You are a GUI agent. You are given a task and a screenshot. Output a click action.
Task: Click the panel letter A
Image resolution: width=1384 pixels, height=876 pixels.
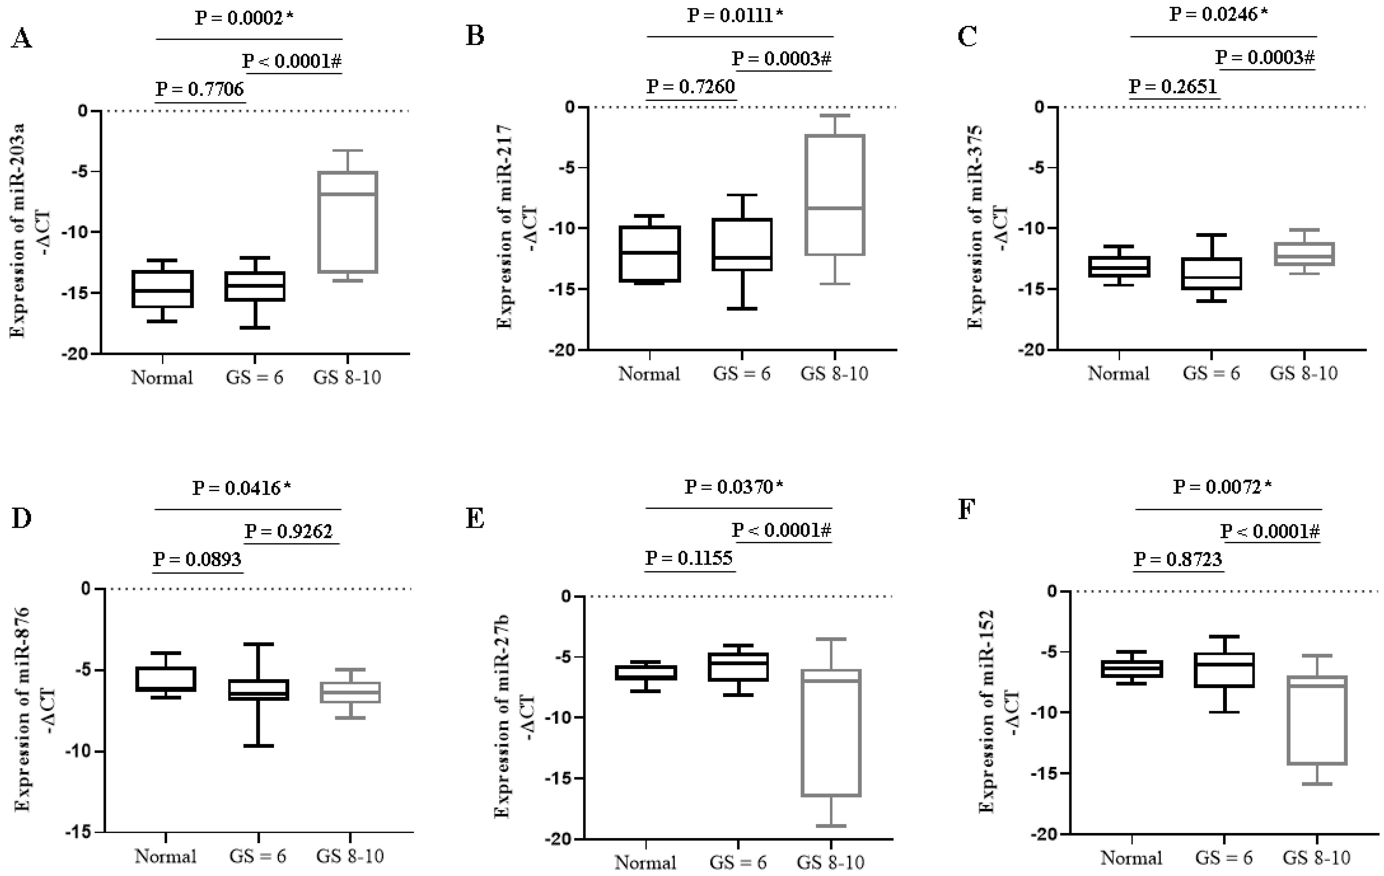[x=21, y=40]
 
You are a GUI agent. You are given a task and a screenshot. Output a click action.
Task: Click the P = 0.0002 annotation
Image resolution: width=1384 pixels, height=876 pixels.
[x=244, y=18]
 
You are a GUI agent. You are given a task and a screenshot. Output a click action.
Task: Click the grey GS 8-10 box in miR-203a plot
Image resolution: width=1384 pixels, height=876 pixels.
[x=348, y=222]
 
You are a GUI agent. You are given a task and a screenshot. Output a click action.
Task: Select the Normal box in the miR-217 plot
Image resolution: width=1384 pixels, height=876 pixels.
[x=650, y=254]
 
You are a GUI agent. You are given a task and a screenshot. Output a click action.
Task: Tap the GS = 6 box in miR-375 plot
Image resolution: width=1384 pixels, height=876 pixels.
[x=1211, y=273]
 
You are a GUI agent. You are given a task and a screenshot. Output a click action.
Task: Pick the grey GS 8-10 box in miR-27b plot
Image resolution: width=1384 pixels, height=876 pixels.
[x=831, y=732]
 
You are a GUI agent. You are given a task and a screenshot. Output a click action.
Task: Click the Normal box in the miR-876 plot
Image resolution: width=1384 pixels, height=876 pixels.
[x=165, y=679]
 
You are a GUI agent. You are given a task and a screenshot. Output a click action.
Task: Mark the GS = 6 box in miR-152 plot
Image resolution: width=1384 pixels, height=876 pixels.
[x=1224, y=670]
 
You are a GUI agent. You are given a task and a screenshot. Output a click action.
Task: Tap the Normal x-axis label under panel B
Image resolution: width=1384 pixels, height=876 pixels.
[x=649, y=374]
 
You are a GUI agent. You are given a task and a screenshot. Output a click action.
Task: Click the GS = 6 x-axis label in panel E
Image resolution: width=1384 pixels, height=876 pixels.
[x=738, y=862]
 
